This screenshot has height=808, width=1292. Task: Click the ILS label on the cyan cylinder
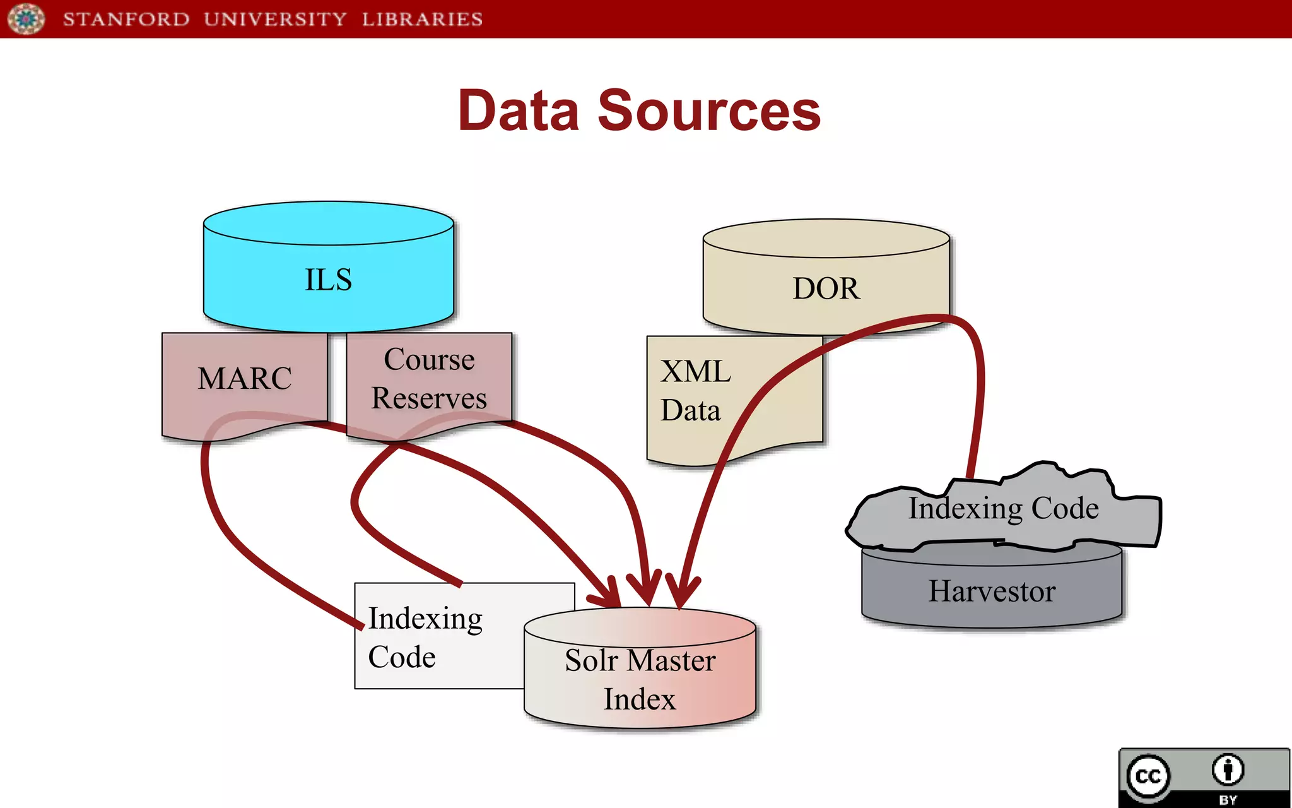coord(328,280)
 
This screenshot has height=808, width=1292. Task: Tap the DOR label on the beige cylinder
coord(825,288)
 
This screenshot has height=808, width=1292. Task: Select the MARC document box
coord(245,379)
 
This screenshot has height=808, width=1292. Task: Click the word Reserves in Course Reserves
coord(429,398)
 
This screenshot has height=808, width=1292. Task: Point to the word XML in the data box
coord(695,371)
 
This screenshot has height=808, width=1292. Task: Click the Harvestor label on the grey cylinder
coord(992,591)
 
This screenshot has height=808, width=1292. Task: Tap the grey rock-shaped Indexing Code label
coord(1003,509)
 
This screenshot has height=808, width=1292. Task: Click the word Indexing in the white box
coord(425,619)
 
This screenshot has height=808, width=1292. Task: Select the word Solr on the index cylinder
coord(590,661)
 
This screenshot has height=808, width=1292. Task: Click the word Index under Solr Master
coord(639,699)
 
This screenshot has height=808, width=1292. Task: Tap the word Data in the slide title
coord(519,111)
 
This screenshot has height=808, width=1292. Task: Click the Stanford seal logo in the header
coord(26,18)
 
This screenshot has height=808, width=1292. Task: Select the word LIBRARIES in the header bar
coord(422,19)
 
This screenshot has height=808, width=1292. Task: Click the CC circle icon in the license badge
coord(1148,776)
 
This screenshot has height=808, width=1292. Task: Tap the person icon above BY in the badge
coord(1228,769)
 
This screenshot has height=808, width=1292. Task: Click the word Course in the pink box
coord(429,360)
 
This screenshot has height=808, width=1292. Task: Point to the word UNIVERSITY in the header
coord(275,19)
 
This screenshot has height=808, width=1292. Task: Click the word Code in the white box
coord(402,657)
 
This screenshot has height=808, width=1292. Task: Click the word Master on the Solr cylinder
coord(671,661)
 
